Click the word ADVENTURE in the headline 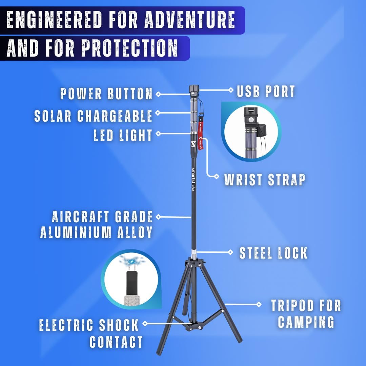190,19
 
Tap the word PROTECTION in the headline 129,48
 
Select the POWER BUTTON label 106,94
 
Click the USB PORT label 266,91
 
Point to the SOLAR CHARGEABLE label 93,116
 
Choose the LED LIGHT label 123,135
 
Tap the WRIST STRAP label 265,180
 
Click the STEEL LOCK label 273,253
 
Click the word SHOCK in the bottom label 119,325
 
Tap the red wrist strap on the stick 201,134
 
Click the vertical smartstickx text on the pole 193,180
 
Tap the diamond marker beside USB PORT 231,90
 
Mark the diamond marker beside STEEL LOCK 230,252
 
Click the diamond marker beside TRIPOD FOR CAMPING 259,304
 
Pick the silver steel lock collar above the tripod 194,253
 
